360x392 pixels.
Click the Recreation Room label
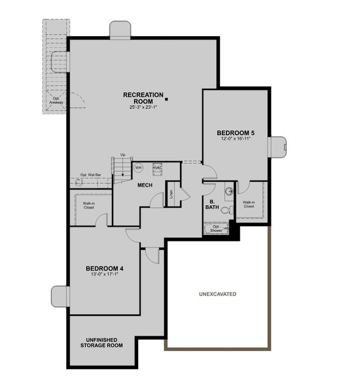click(x=143, y=98)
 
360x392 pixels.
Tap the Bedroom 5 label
click(x=235, y=133)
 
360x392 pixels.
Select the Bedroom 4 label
click(x=104, y=268)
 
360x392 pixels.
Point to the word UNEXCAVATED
click(x=218, y=295)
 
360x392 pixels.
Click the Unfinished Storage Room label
click(x=101, y=342)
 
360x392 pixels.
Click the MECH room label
click(x=145, y=185)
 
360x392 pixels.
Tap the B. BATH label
click(x=212, y=204)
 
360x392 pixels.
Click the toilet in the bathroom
click(x=229, y=209)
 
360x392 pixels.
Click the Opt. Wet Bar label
click(x=90, y=175)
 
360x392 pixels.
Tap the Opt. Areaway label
click(x=56, y=100)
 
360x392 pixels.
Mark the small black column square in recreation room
click(x=166, y=100)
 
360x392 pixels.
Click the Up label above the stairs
click(x=123, y=155)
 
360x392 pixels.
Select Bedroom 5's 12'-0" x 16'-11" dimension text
click(x=235, y=139)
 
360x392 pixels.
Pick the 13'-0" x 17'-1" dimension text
click(x=104, y=275)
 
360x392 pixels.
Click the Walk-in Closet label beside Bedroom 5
click(x=248, y=204)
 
